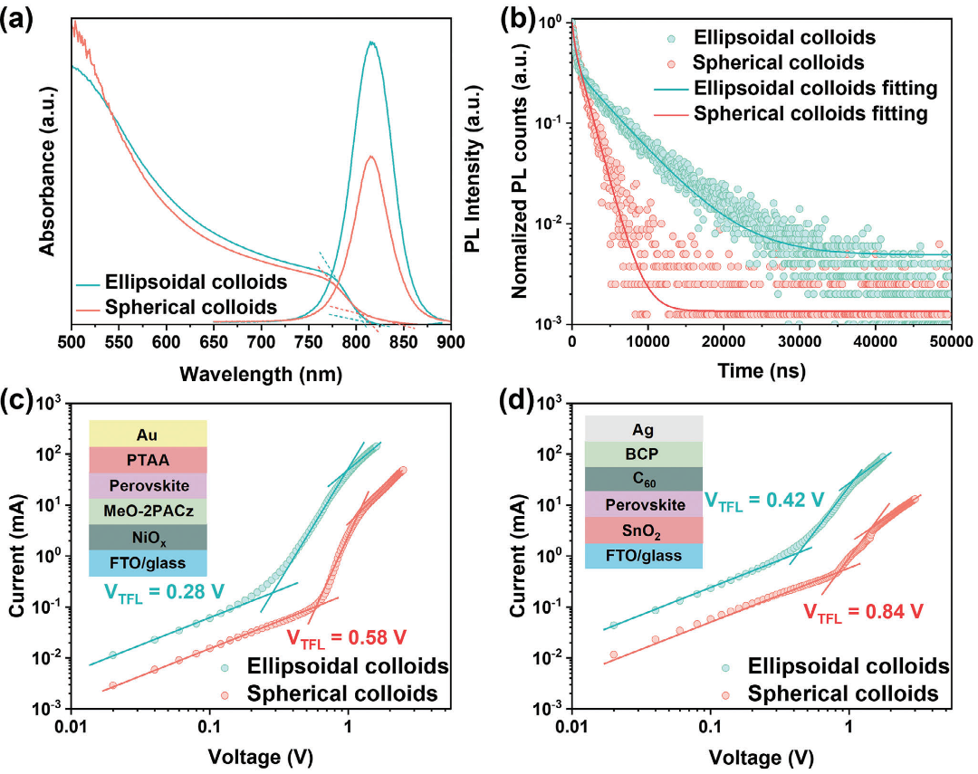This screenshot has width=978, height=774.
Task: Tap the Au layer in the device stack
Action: [x=149, y=433]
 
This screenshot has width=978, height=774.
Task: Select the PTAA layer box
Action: [x=149, y=459]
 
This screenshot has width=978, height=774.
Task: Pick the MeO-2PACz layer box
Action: [x=149, y=511]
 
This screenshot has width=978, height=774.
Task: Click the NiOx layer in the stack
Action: [x=149, y=538]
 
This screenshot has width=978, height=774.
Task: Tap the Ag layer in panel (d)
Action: [x=644, y=428]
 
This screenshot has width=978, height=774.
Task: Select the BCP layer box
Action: [x=644, y=454]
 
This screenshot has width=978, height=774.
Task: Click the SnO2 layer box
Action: [x=644, y=530]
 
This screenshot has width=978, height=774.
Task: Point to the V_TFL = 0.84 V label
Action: [x=864, y=611]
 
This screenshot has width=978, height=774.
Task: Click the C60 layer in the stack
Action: [x=644, y=479]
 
